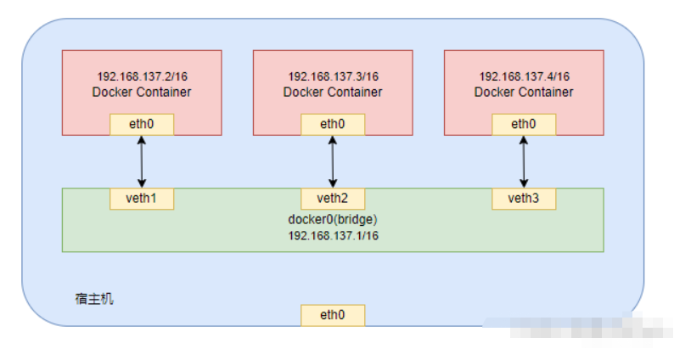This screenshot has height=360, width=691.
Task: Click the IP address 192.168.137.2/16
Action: tap(142, 76)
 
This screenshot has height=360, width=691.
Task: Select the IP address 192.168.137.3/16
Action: tap(333, 76)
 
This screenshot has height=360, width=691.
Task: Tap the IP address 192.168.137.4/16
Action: tap(524, 76)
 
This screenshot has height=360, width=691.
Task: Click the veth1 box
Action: tap(142, 199)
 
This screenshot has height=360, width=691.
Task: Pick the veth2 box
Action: tap(333, 199)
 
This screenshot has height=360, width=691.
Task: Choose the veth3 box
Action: tap(524, 199)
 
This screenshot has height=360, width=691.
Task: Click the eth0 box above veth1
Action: tap(142, 124)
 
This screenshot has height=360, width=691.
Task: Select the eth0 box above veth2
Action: tap(333, 124)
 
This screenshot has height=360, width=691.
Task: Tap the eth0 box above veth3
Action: tap(524, 124)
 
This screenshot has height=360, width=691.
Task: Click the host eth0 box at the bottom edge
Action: tap(333, 315)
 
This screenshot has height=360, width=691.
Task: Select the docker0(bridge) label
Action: tap(333, 219)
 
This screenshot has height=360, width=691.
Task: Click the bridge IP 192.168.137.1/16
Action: tap(333, 235)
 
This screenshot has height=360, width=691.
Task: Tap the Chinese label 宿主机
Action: tap(93, 299)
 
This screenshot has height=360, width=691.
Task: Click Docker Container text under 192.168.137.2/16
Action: tap(142, 92)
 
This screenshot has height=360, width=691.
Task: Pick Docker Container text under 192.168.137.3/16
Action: tap(333, 92)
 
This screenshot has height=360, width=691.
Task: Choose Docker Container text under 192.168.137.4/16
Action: tap(524, 92)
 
